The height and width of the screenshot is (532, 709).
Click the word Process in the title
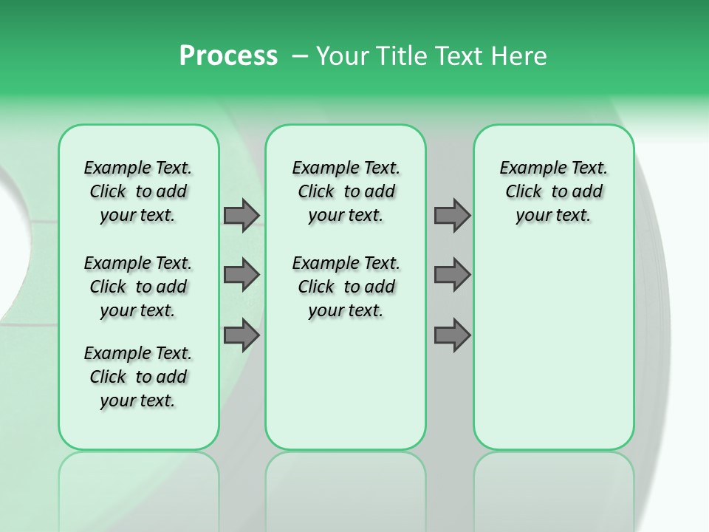[228, 56]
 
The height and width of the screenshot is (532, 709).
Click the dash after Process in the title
[299, 57]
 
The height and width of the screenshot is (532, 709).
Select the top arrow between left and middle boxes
[242, 215]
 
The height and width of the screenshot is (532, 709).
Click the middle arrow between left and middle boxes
[242, 275]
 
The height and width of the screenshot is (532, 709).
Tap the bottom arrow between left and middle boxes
[242, 335]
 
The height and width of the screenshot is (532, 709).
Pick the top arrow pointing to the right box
[452, 215]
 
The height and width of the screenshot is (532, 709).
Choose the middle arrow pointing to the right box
[452, 275]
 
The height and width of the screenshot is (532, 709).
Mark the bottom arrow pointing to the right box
[452, 335]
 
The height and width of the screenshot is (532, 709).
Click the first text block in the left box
[138, 191]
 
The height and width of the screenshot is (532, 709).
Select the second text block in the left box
[138, 287]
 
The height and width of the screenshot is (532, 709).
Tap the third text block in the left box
[138, 377]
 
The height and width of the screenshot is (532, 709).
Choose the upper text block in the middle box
[346, 191]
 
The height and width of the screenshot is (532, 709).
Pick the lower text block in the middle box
[346, 287]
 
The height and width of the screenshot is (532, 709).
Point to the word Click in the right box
[524, 192]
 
